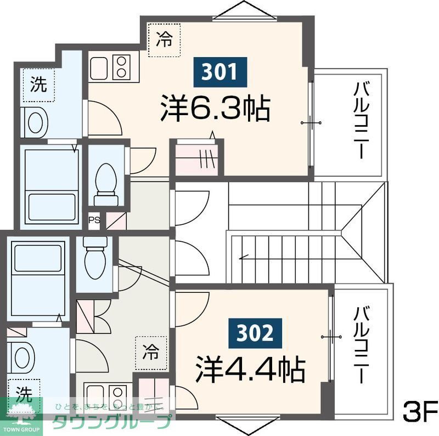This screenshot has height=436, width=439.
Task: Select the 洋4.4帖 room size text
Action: point(250,370)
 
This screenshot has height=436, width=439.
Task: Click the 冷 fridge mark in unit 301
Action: point(163,39)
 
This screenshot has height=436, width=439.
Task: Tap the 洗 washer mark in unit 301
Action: point(38,84)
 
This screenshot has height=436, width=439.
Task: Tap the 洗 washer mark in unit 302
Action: point(23,393)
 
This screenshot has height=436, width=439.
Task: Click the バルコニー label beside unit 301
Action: point(360,120)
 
